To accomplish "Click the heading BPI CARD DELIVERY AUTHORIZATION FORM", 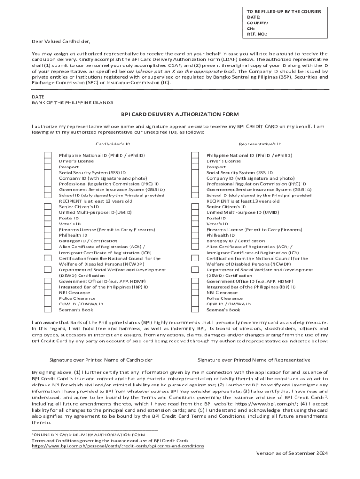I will pos(180,114).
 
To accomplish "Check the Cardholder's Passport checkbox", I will pos(48,167).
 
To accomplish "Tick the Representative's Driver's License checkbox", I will pos(195,161).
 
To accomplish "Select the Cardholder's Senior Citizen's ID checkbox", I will pos(48,207).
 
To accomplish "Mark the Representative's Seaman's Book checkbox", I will pos(195,310).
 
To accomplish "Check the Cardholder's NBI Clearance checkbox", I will pos(48,292).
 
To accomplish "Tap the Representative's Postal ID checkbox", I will pos(195,218).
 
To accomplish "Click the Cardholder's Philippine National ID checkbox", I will pos(48,155).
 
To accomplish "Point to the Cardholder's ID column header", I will pos(113,144).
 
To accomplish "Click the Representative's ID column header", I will pos(260,144).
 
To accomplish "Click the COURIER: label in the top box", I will pos(258,22).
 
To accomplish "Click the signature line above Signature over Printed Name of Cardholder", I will pos(101,355).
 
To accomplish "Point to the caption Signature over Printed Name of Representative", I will pos(254,360).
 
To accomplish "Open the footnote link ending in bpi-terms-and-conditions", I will pos(118,446).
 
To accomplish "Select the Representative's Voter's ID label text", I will pos(217,224).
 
